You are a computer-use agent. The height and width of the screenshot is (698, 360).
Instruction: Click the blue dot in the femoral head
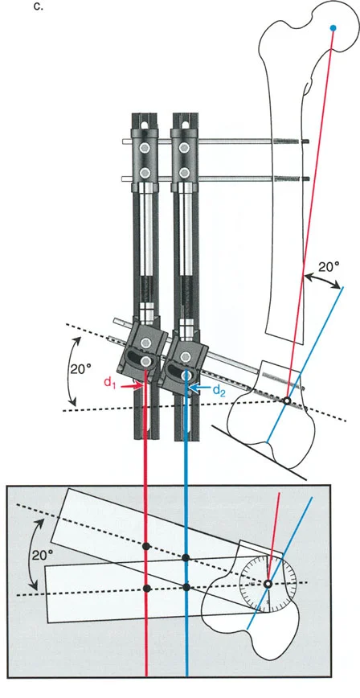[x=333, y=28]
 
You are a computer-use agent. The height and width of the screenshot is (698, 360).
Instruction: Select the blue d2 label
[x=219, y=389]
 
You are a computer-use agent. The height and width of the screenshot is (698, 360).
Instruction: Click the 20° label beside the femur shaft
[x=329, y=266]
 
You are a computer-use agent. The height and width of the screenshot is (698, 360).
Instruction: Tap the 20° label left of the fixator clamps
[x=81, y=368]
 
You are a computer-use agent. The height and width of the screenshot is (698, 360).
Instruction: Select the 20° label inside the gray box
[x=43, y=555]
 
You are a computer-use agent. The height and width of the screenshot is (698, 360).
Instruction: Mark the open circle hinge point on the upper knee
[x=288, y=400]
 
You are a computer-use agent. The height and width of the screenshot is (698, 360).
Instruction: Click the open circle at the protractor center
[x=268, y=584]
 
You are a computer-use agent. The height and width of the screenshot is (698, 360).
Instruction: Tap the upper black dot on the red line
[x=146, y=546]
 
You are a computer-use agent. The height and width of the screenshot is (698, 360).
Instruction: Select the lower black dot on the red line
[x=146, y=589]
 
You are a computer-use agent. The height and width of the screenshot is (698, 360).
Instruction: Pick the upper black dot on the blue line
[x=186, y=557]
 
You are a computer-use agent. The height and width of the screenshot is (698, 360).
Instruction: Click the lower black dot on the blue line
[x=186, y=588]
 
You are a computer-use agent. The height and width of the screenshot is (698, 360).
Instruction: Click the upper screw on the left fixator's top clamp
[x=144, y=147]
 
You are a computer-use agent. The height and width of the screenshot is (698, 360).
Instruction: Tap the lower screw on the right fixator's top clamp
[x=182, y=172]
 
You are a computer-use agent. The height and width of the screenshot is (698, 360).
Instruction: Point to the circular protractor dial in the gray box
[x=268, y=584]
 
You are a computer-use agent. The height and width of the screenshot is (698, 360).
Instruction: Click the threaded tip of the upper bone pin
[x=292, y=142]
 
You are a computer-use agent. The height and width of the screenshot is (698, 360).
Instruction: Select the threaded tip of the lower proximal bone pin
[x=292, y=179]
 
